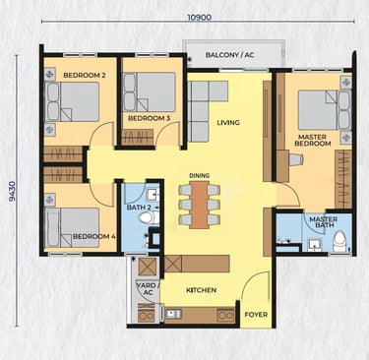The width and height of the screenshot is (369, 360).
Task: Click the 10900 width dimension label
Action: point(199,17)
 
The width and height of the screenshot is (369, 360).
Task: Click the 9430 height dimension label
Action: point(12,191)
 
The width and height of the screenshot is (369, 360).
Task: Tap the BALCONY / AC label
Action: point(229,55)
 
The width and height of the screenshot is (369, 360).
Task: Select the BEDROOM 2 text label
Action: point(85,75)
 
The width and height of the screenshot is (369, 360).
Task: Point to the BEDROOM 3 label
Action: point(149,118)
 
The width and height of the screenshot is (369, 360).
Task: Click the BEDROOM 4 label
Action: point(94,236)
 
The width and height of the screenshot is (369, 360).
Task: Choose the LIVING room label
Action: point(228,123)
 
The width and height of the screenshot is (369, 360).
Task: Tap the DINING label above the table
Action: point(199,176)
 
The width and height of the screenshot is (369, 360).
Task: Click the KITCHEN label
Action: point(201,290)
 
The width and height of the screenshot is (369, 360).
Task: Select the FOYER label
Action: point(256,315)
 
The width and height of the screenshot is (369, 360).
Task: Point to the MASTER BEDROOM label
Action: point(313,140)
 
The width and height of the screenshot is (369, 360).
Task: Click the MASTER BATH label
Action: point(323,222)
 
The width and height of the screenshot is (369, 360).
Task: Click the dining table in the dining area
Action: point(200,205)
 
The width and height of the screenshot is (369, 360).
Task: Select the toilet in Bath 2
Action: point(149,217)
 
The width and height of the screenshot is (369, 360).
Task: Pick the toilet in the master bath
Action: point(339,241)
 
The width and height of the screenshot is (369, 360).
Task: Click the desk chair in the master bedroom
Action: point(296,159)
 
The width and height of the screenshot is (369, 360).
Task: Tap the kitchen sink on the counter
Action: point(173,314)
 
